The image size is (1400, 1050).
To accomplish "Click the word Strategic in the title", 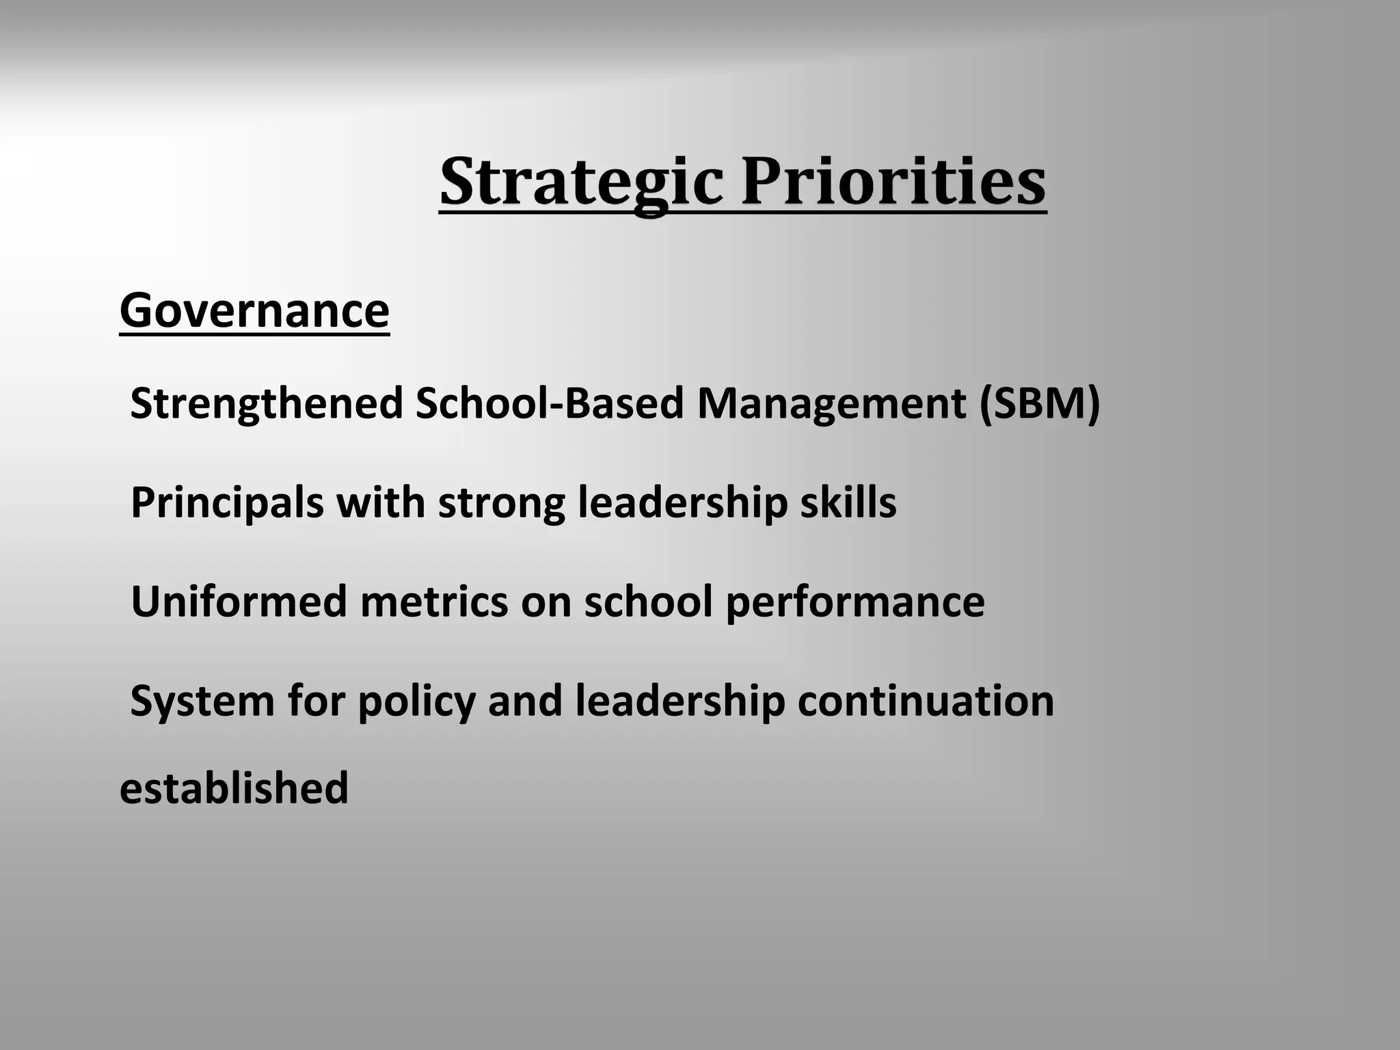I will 581,182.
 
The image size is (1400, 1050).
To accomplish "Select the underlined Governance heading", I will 254,311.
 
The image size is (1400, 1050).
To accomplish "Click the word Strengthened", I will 267,403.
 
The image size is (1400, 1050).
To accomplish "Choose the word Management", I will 831,403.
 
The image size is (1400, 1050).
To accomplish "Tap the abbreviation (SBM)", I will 1039,403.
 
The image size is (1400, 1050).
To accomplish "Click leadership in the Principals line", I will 682,503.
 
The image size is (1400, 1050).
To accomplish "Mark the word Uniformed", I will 239,602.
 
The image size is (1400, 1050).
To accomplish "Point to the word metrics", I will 434,602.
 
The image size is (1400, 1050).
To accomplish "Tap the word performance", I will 854,602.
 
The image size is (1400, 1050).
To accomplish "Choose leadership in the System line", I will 680,701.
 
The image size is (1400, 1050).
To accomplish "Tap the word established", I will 234,787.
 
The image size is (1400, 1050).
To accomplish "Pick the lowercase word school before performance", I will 648,602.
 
